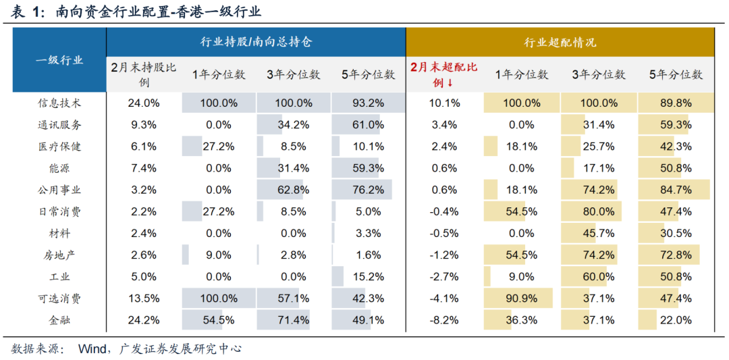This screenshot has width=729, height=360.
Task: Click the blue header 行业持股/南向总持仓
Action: [256, 42]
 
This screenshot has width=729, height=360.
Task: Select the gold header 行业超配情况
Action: [560, 42]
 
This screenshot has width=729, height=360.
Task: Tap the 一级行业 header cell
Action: [59, 60]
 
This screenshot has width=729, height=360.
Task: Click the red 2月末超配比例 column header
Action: [444, 74]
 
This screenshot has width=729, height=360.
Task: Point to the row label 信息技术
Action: [59, 103]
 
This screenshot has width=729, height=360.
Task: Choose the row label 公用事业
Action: [59, 190]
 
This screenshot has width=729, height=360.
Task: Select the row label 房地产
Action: [59, 255]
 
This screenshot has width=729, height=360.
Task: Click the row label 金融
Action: [59, 319]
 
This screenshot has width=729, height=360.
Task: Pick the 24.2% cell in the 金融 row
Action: [143, 319]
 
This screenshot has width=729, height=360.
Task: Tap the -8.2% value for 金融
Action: [445, 319]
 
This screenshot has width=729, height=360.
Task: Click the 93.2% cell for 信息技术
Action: [368, 103]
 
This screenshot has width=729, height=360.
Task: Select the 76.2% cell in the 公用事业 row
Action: [368, 190]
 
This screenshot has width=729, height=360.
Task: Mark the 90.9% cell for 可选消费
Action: [522, 298]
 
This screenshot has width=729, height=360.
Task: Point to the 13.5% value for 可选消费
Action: [143, 298]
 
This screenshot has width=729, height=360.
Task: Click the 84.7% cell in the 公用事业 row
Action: [675, 190]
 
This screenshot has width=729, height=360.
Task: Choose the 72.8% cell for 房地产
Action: [675, 255]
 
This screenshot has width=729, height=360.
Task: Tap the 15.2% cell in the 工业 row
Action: [368, 276]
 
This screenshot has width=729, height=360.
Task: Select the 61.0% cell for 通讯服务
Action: [368, 125]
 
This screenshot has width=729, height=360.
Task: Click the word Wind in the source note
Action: [92, 349]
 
